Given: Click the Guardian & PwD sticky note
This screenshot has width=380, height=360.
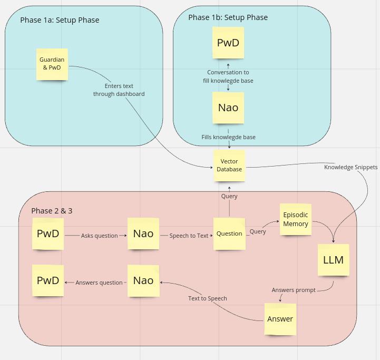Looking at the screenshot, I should coord(52,64).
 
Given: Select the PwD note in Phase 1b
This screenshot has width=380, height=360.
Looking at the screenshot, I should coord(228,43).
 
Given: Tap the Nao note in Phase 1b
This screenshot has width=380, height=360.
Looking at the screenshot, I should coord(228,108).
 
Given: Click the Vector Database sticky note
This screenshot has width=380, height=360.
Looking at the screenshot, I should coord(229,166).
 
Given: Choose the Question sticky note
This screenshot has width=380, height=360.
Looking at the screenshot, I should coord(229,233).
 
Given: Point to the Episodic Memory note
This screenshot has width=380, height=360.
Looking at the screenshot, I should coord(295,219).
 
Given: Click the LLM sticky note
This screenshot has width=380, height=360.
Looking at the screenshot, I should coord(334,260).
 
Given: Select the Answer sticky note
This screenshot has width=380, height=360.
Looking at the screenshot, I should coord(280,319).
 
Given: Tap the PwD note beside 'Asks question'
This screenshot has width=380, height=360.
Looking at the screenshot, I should coord(48,233).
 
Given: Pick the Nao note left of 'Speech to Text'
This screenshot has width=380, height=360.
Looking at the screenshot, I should coord(143,233).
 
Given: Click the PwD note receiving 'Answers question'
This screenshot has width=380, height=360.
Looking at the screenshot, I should coord(48,280).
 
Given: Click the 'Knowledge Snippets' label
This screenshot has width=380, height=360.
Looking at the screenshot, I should coord(350,167).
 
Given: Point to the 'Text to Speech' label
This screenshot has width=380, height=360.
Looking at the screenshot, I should coord(208,298).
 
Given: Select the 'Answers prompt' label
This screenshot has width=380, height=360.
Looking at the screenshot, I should coord(294,290).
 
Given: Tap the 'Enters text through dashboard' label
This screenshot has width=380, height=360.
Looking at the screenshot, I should coord(119,90).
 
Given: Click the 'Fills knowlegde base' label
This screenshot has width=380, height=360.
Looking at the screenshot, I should coord(228,137).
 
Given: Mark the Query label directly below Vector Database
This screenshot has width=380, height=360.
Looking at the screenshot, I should coord(229,196).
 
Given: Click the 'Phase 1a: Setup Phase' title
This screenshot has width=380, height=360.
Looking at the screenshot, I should coord(60,20).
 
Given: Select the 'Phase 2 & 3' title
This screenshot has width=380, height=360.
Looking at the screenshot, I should coord(52,211).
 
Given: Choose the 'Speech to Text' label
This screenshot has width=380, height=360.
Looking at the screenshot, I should coord(189,236).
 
